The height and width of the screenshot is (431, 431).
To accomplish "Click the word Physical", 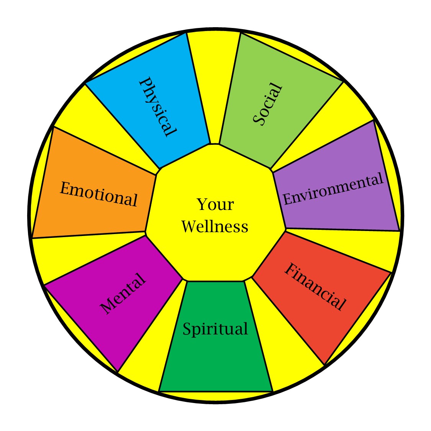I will click(157, 107).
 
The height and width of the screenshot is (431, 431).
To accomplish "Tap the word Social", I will click(268, 104).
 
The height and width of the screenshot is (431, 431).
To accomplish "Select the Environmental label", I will click(333, 189).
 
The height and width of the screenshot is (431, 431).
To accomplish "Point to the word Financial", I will click(315, 287).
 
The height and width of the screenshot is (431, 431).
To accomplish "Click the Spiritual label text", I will click(215, 329).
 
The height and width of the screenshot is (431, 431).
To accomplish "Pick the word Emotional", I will click(98, 194).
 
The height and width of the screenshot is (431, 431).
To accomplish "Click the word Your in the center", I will click(215, 205).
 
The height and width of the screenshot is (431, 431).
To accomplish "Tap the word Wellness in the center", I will click(215, 226).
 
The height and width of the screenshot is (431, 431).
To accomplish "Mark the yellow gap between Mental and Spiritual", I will click(153, 352).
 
